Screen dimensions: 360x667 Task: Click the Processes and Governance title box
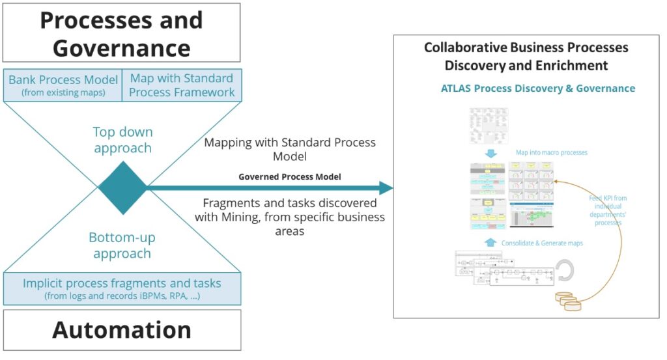pyautogui.click(x=122, y=33)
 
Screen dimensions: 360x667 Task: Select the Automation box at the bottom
pyautogui.click(x=122, y=330)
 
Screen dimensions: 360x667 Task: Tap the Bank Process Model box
pyautogui.click(x=63, y=85)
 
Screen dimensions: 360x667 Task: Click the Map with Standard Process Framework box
pyautogui.click(x=182, y=85)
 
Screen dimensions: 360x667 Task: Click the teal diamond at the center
pyautogui.click(x=122, y=187)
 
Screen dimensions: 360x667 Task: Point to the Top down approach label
pyautogui.click(x=122, y=140)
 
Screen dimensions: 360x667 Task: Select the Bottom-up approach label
pyautogui.click(x=122, y=245)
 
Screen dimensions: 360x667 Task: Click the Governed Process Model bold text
pyautogui.click(x=290, y=176)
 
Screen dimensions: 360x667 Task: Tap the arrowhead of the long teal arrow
pyautogui.click(x=386, y=188)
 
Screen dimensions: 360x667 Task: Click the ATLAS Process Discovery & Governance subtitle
pyautogui.click(x=538, y=89)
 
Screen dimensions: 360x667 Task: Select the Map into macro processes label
pyautogui.click(x=552, y=152)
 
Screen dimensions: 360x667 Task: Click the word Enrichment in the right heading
pyautogui.click(x=573, y=66)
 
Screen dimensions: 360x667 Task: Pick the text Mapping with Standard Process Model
pyautogui.click(x=290, y=150)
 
